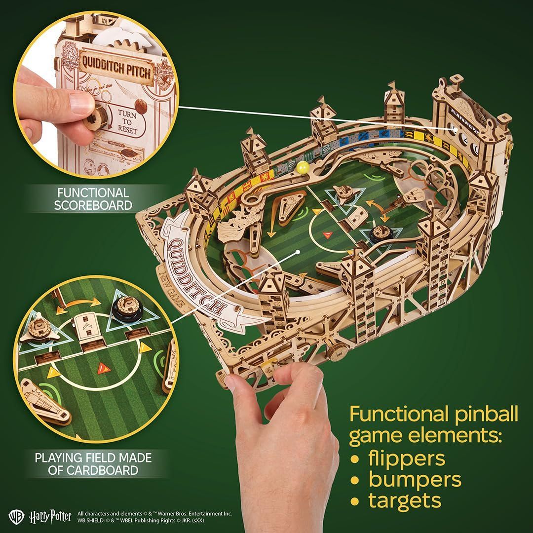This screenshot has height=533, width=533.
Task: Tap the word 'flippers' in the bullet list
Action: coord(404,457)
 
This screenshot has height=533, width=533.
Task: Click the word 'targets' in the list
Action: coord(404,500)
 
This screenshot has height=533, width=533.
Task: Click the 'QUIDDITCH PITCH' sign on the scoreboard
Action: coord(114,72)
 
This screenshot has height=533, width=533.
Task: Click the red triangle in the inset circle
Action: coord(103,367)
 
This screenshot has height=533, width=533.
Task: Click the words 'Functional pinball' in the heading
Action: coord(434,414)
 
